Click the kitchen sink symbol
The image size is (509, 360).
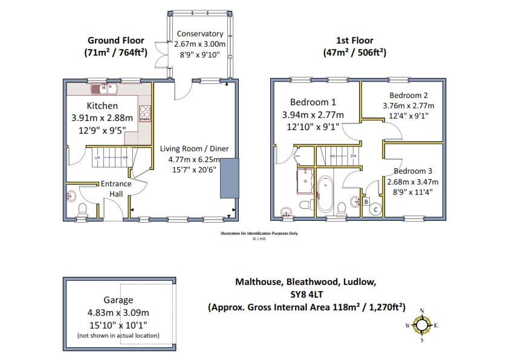104,88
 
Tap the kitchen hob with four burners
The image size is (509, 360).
145,114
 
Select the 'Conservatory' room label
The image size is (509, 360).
200,34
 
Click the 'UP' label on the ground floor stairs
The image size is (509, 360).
97,157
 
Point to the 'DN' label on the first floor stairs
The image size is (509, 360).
354,156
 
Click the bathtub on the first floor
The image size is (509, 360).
325,194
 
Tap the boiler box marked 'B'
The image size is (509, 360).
366,201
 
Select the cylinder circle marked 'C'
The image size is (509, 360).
375,209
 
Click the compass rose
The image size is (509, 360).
422,326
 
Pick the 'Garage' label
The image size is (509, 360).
118,300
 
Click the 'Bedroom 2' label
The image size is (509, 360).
409,96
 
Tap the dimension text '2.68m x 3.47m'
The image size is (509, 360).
413,182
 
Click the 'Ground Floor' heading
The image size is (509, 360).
116,41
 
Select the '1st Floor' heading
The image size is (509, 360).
354,41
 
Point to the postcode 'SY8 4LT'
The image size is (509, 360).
306,295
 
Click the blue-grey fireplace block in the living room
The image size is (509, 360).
230,178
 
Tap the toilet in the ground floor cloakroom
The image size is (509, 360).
82,211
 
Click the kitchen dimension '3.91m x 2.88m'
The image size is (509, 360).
102,117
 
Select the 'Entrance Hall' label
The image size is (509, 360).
116,189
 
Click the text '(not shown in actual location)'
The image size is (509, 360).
118,335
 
